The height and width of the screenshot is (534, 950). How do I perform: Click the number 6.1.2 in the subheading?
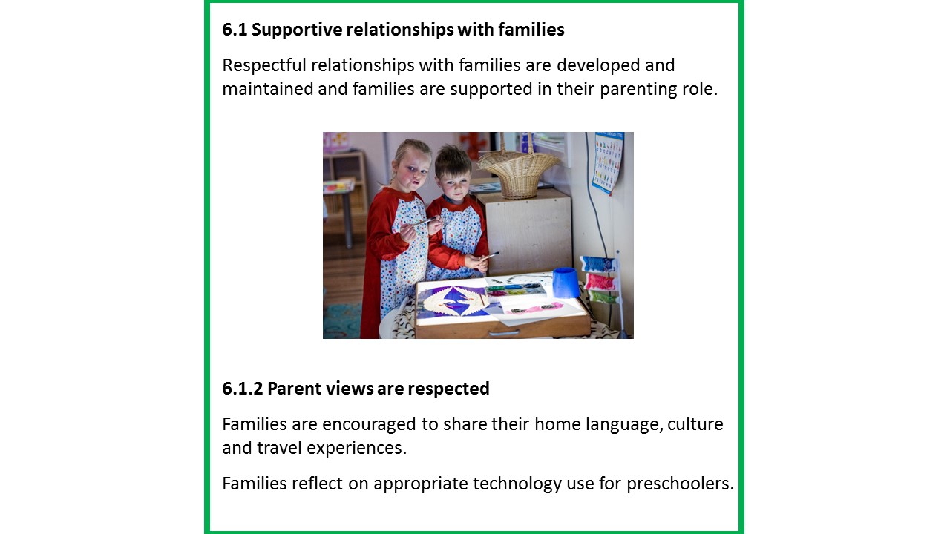point(242,389)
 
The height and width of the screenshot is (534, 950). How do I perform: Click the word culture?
point(695,424)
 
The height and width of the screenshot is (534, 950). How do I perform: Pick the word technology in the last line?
point(476,484)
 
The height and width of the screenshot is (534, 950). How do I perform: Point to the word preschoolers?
point(680,484)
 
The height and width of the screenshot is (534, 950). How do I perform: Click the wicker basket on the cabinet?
point(518,169)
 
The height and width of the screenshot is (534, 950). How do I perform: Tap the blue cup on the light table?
point(566,283)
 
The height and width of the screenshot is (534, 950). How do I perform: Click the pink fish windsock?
point(600,282)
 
